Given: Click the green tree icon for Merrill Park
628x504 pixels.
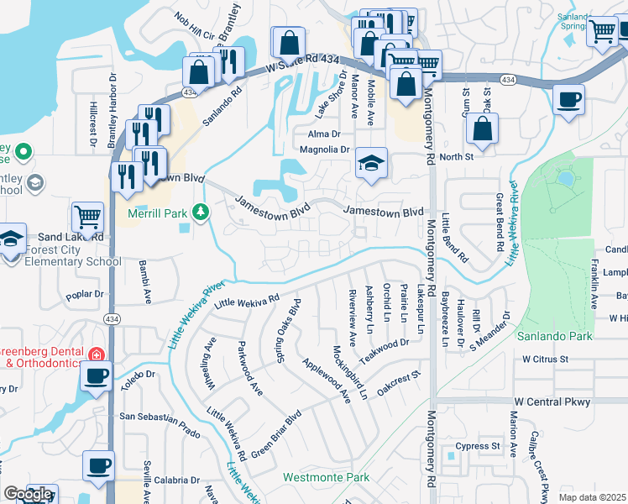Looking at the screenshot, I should (x=200, y=213).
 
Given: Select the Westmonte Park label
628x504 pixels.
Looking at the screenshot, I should (x=327, y=477).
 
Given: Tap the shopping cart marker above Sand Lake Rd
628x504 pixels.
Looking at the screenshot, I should (x=87, y=218).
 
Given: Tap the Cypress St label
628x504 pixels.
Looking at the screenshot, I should (x=478, y=446).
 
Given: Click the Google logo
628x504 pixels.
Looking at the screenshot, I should (x=28, y=494).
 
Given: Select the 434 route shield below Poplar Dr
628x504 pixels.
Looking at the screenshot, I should (x=111, y=319).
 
